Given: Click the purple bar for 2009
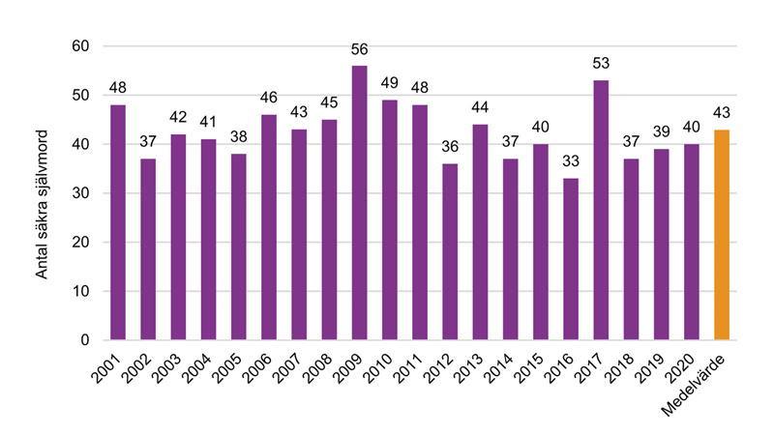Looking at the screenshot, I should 359,203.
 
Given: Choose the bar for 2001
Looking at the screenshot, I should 118,222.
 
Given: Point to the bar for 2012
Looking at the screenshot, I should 450,251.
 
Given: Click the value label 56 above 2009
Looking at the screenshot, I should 359,49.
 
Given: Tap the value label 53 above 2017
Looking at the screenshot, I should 601,64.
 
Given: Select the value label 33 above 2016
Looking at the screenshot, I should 571,162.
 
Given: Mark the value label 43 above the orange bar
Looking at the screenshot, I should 722,113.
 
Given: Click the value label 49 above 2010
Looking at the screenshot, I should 390,84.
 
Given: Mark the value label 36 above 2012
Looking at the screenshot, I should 450,148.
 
